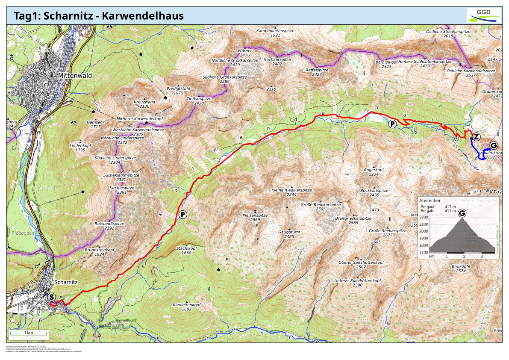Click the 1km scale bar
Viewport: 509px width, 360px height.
[29, 332]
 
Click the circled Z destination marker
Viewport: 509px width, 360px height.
[477, 137]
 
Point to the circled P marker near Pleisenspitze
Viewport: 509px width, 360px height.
[182, 214]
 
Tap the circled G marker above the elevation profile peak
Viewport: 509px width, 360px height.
[462, 213]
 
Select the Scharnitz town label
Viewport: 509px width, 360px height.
[66, 282]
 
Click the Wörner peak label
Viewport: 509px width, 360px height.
[245, 50]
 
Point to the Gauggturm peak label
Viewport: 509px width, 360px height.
[289, 231]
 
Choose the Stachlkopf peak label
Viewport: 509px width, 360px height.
[186, 248]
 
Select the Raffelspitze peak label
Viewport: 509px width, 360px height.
[317, 70]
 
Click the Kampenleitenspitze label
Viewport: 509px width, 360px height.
[275, 31]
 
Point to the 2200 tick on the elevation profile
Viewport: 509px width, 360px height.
[424, 217]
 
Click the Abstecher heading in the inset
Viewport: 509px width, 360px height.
[430, 200]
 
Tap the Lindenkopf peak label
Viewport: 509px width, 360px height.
[80, 145]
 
